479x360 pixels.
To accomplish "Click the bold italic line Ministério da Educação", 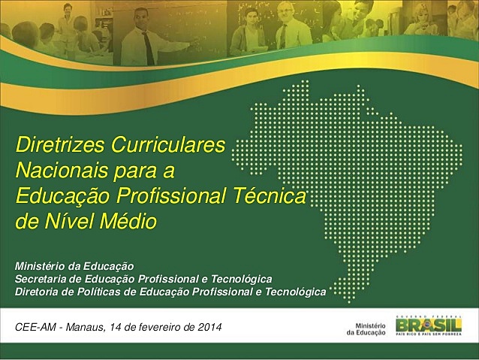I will point(74,266).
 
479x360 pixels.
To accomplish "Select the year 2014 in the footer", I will point(209,327).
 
